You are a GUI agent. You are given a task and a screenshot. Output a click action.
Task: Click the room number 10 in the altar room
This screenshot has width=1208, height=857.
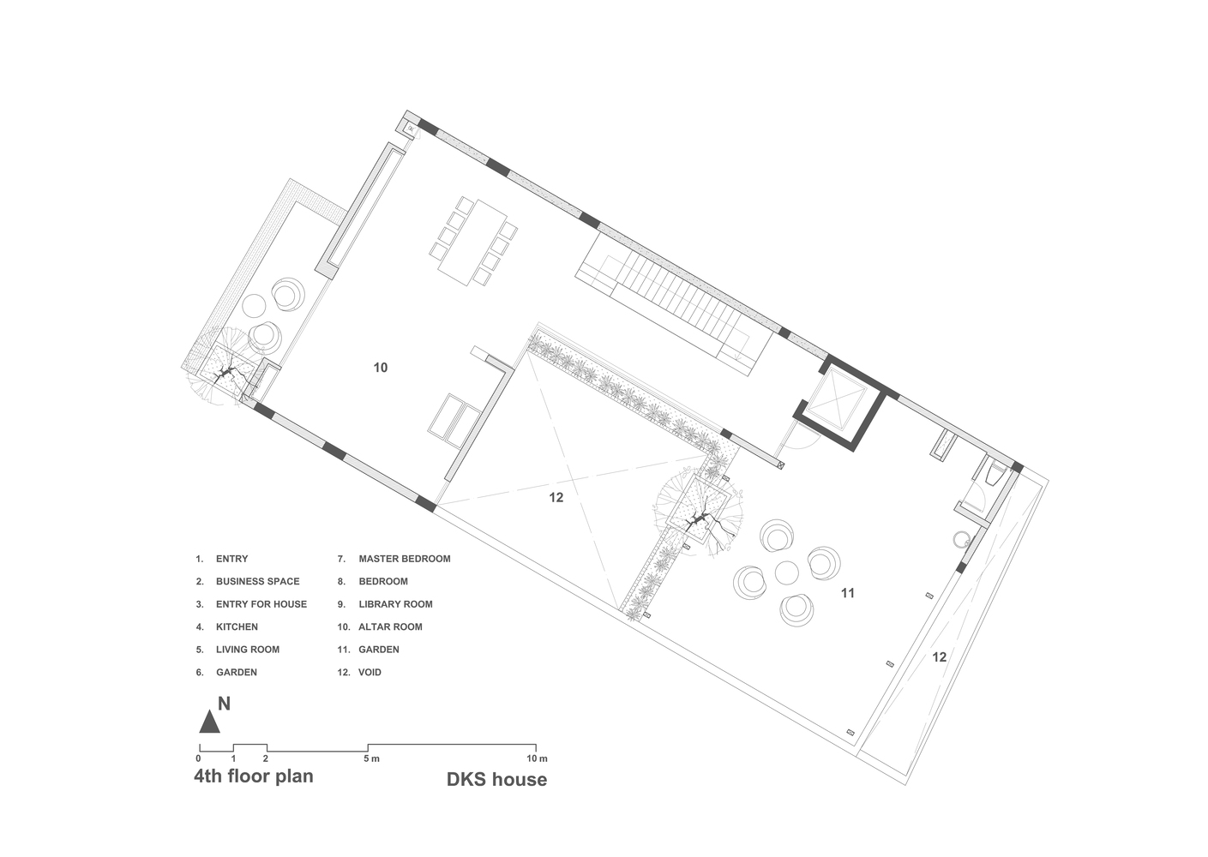pyautogui.click(x=380, y=368)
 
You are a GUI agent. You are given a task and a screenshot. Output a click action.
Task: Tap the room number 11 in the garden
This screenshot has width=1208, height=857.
pyautogui.click(x=847, y=593)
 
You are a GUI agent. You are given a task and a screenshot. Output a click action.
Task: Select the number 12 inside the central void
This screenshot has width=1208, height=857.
pyautogui.click(x=556, y=498)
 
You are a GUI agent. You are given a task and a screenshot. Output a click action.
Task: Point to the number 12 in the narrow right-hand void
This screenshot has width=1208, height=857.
pyautogui.click(x=939, y=657)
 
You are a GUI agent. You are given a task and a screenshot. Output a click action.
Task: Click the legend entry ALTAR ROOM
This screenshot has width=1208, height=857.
pyautogui.click(x=390, y=627)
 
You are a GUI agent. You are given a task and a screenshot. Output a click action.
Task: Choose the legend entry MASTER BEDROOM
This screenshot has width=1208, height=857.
pyautogui.click(x=404, y=559)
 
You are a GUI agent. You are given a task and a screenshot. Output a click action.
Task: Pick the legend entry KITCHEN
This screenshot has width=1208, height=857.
pyautogui.click(x=237, y=627)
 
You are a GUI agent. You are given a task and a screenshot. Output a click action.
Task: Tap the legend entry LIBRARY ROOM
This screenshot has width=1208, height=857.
pyautogui.click(x=395, y=604)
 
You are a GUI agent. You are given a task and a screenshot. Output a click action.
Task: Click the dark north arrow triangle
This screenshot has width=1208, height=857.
pyautogui.click(x=209, y=722)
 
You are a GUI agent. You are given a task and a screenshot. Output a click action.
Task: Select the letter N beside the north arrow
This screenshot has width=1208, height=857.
pyautogui.click(x=225, y=704)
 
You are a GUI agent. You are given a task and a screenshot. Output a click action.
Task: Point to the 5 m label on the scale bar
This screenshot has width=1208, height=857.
pyautogui.click(x=370, y=758)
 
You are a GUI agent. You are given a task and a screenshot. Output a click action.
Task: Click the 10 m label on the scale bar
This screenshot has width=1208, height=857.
pyautogui.click(x=537, y=758)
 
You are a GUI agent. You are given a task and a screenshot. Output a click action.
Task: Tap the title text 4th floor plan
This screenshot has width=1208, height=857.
pyautogui.click(x=254, y=776)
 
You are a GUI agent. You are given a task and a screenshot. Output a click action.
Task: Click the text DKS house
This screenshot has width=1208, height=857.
pyautogui.click(x=496, y=779)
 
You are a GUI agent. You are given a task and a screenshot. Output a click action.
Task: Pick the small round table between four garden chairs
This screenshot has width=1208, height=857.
pyautogui.click(x=787, y=572)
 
